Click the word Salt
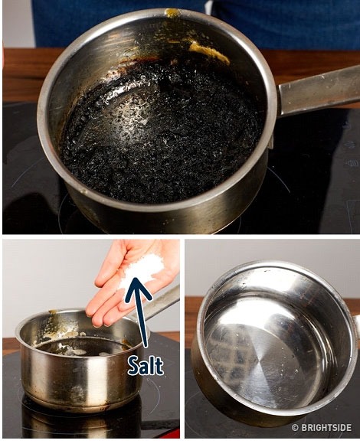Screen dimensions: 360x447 146,365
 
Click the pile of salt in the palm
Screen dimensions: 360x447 142,270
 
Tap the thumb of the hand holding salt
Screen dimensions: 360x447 107,266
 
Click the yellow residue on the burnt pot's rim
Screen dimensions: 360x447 172,13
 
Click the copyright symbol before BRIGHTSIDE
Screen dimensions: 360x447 295,428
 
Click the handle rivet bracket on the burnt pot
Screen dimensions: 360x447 270,140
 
